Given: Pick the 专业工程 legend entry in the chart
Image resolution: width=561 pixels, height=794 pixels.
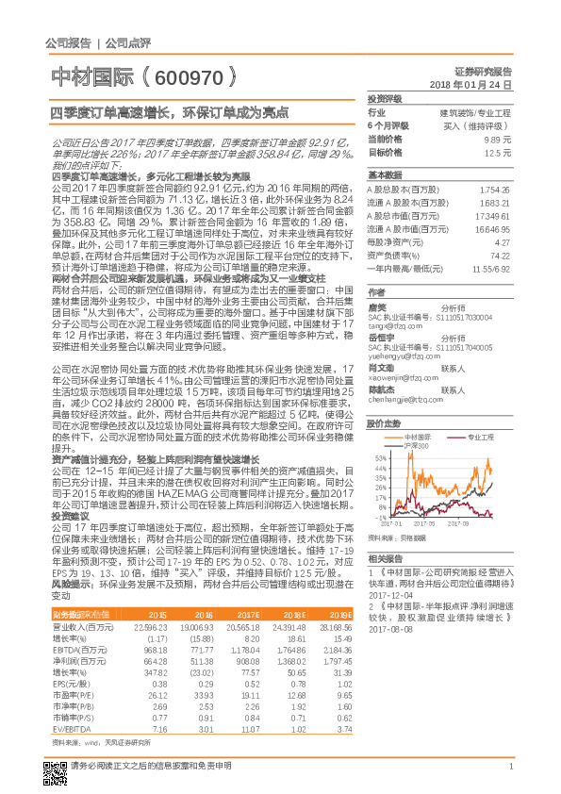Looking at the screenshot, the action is click(x=480, y=438).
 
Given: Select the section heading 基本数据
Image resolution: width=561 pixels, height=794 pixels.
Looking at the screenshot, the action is click(x=385, y=175).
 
